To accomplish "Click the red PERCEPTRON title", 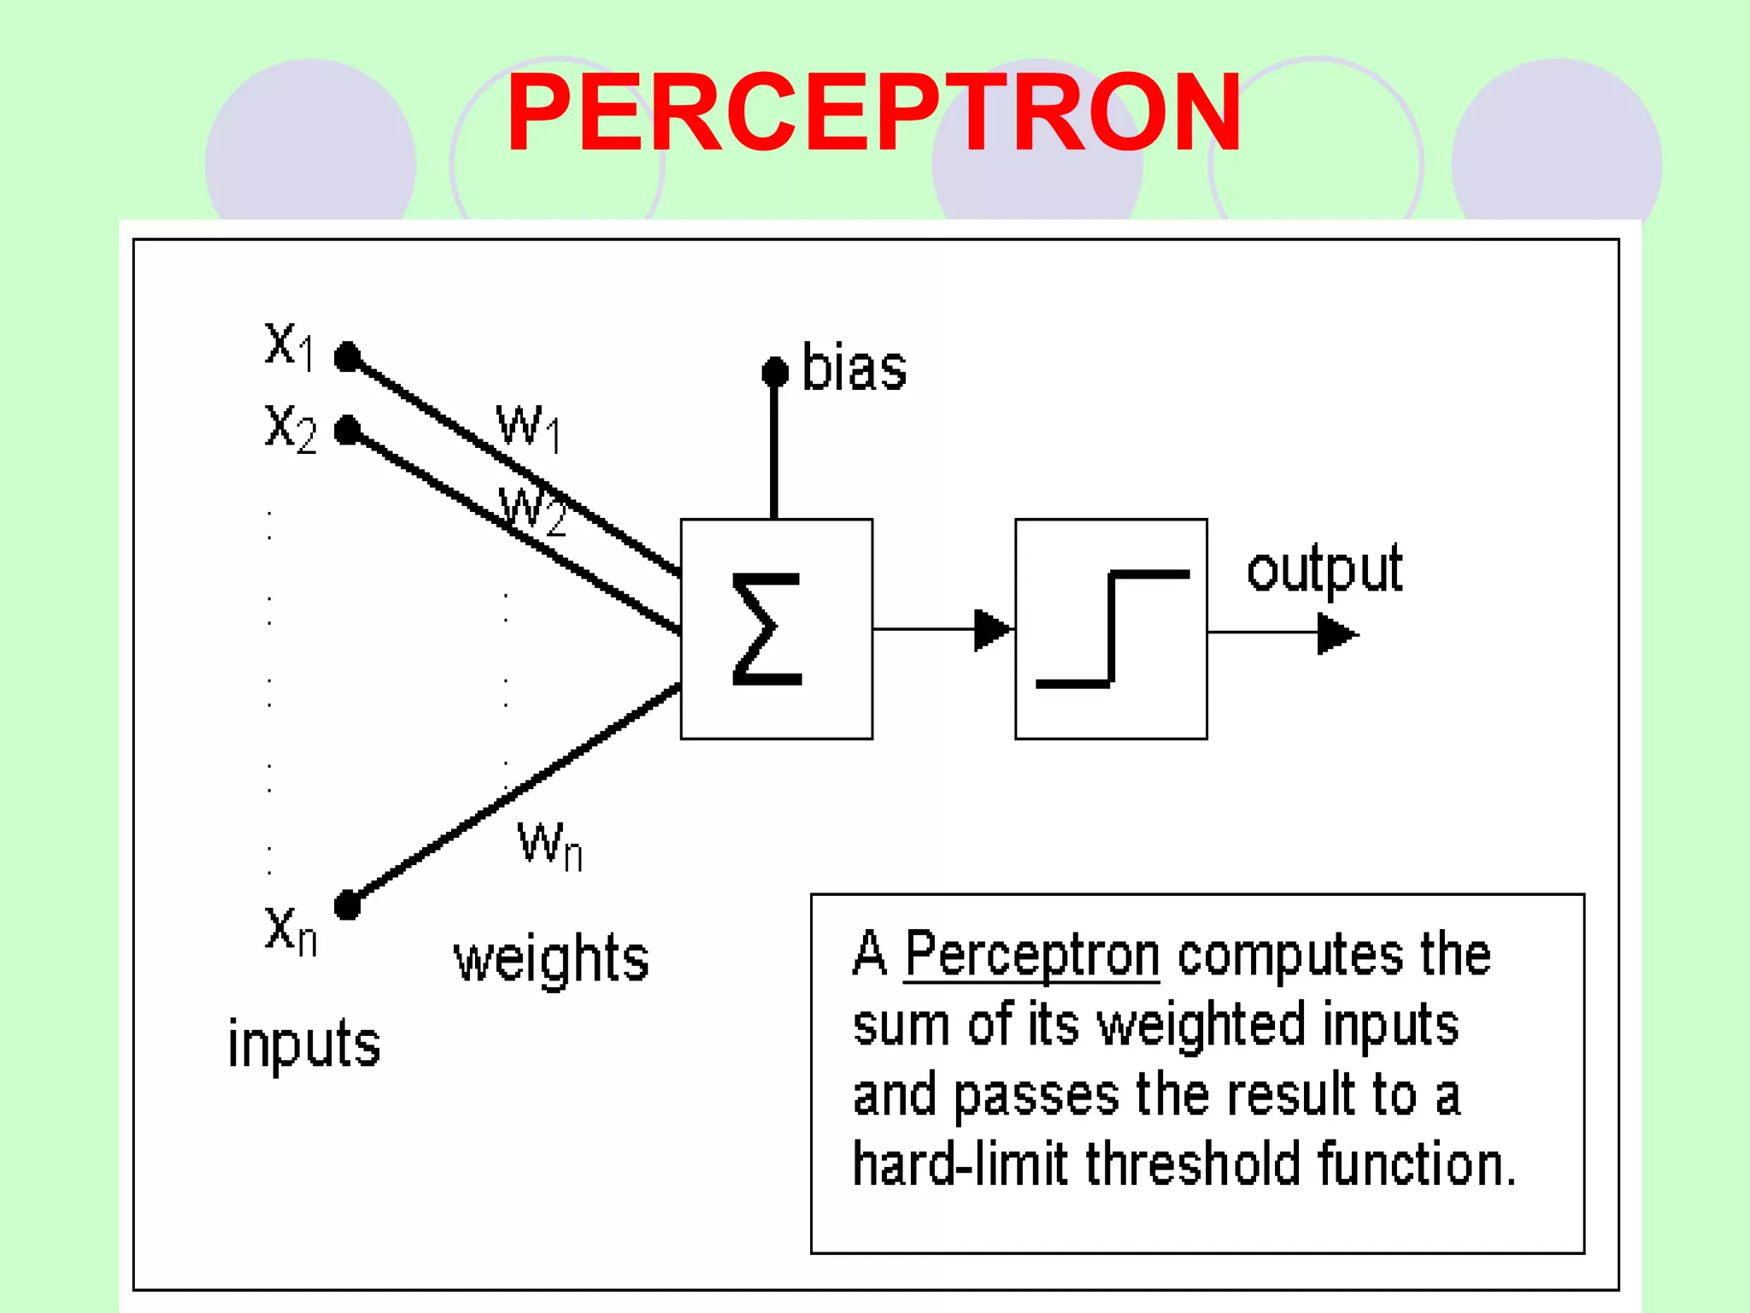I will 873,113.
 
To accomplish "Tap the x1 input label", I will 290,345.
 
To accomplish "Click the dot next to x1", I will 348,356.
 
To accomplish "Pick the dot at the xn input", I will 348,904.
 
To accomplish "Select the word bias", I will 854,368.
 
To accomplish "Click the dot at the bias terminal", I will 775,372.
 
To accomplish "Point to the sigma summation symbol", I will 767,629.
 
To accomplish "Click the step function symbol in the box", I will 1112,629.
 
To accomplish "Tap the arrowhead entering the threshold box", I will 992,630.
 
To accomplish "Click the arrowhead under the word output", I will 1336,634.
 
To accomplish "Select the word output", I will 1324,569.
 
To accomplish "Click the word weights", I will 551,959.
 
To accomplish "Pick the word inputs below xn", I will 304,1044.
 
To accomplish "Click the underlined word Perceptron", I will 1032,954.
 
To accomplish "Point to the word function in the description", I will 1416,1164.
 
